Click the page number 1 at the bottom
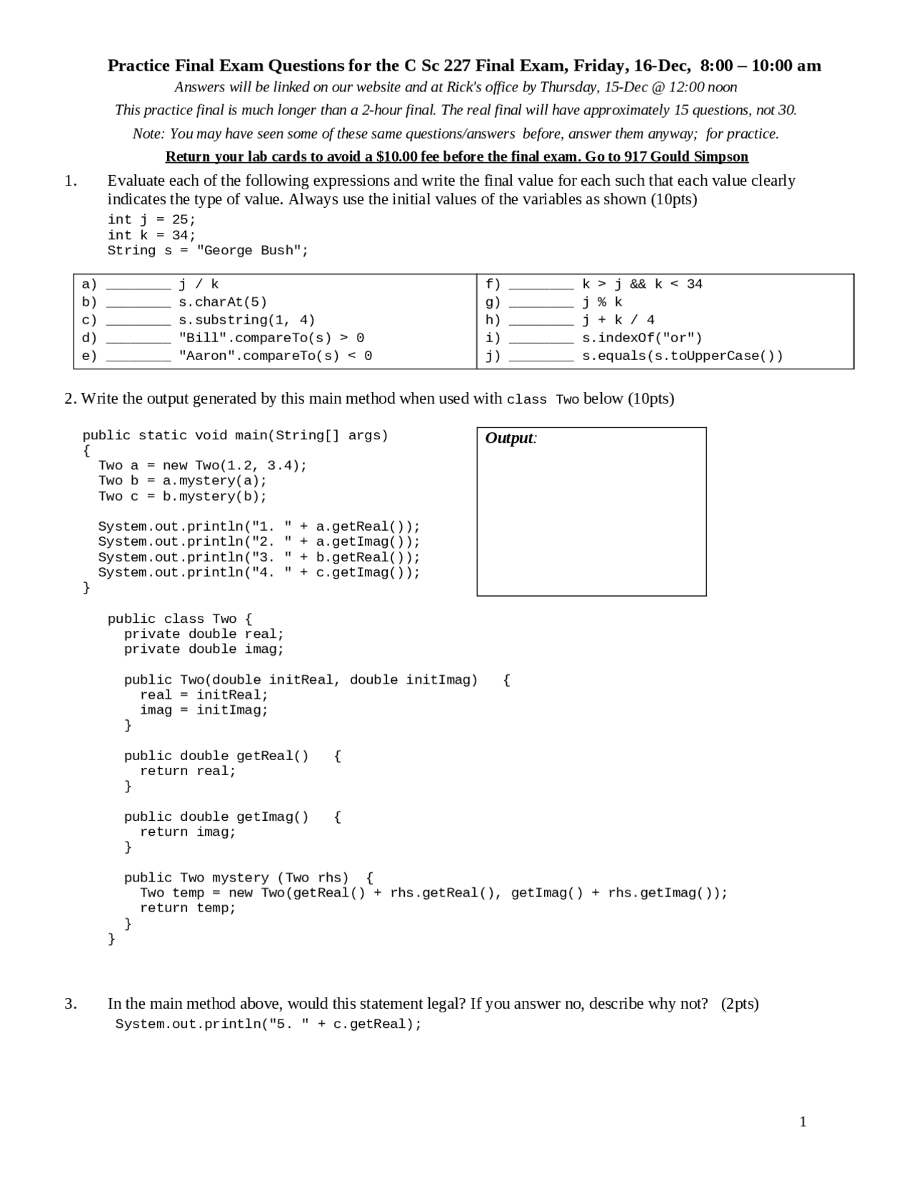(x=803, y=1122)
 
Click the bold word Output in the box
(x=508, y=438)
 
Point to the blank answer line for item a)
(x=139, y=285)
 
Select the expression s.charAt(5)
(x=222, y=302)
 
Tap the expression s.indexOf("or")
(x=642, y=338)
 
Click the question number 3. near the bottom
(x=71, y=1004)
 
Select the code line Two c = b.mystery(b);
(x=182, y=496)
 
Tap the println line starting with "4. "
(x=258, y=572)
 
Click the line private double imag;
(x=204, y=649)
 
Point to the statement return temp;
(x=187, y=908)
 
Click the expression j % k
(x=602, y=302)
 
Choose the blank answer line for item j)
(x=541, y=356)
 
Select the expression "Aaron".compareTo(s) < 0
(x=275, y=356)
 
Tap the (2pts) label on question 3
(x=739, y=1004)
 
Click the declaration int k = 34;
(x=151, y=235)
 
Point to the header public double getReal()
(x=216, y=756)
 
